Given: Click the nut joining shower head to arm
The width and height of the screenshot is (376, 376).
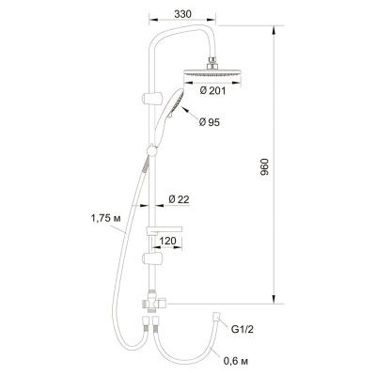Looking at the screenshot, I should (215, 62).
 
